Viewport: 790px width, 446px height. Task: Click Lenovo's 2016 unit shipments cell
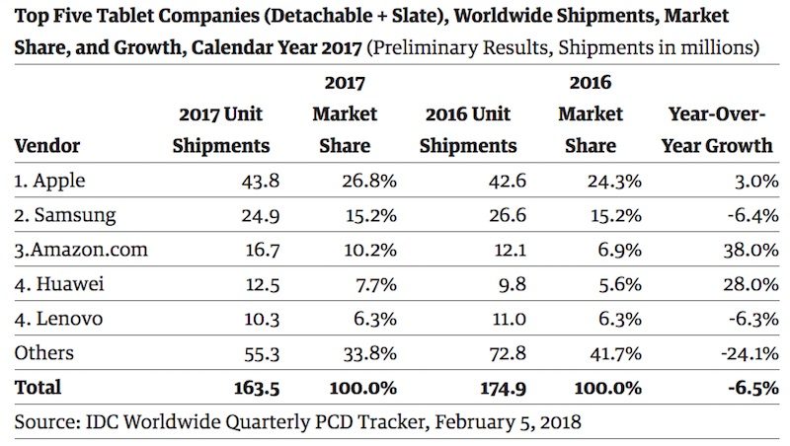point(498,319)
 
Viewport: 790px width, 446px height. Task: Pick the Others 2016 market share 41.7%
point(618,352)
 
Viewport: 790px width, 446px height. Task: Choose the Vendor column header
point(47,146)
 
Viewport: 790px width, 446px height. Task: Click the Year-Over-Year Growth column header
point(721,129)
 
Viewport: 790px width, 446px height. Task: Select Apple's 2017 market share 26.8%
point(370,180)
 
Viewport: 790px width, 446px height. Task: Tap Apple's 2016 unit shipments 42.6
point(498,180)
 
